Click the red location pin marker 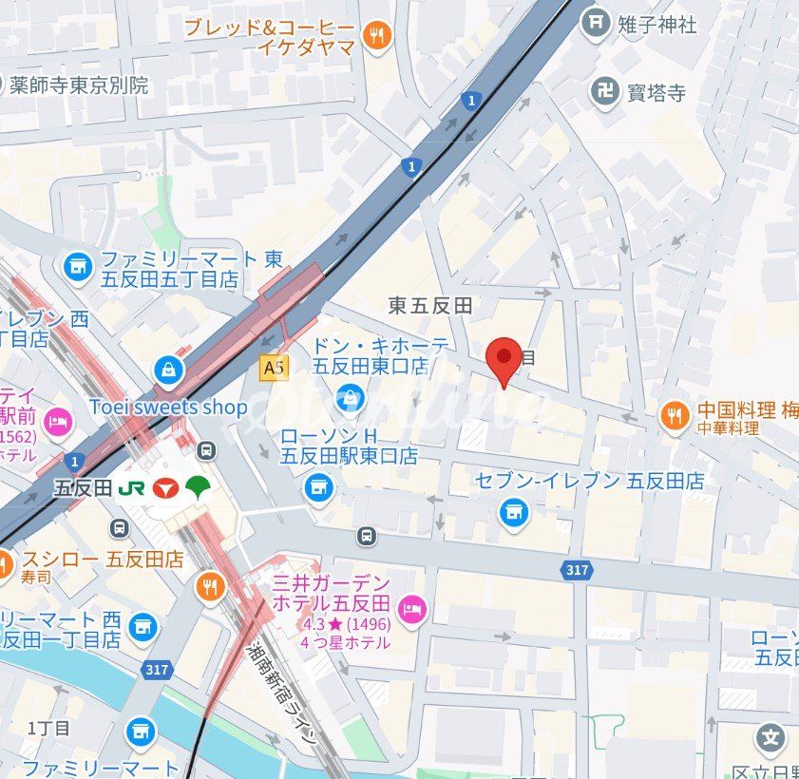(504, 359)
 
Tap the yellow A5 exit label (274, 368)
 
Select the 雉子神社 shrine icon (596, 20)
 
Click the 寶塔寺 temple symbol (602, 91)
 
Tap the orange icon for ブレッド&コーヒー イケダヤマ (377, 38)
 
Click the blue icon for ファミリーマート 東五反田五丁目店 (77, 268)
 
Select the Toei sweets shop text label (168, 408)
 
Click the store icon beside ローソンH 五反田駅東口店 (319, 488)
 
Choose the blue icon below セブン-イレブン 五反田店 (513, 514)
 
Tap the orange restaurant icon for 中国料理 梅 (675, 415)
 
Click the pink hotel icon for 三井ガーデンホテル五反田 (411, 609)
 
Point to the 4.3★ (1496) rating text (345, 624)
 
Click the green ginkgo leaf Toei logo (199, 487)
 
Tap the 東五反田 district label (430, 305)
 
